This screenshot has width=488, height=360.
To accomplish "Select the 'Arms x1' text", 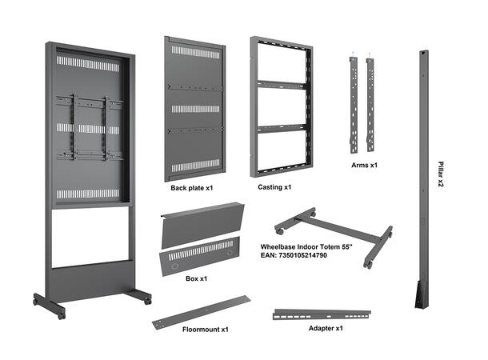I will (364, 166).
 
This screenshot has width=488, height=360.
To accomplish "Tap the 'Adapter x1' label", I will (326, 328).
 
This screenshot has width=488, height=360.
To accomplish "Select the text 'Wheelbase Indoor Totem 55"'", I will (306, 247).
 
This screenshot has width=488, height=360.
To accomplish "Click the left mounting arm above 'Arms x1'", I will (353, 104).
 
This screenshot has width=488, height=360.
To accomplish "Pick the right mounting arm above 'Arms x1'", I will (370, 104).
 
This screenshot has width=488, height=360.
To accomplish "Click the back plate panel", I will (194, 108).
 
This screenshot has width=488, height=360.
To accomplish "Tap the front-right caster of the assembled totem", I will (146, 300).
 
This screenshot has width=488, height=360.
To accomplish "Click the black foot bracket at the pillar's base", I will (420, 296).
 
